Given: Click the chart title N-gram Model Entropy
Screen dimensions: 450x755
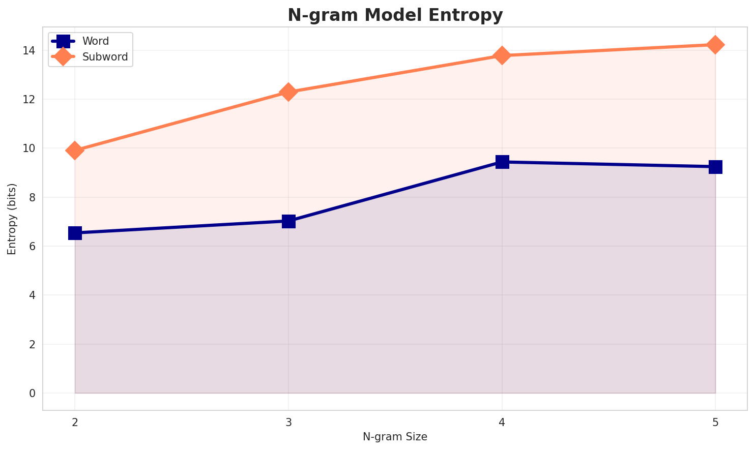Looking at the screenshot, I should click(395, 15).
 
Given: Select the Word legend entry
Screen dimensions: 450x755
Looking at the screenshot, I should click(95, 41).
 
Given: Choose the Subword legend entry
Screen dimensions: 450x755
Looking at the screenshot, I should click(105, 57).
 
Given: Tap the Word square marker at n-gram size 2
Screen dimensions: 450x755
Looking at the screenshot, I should click(75, 233).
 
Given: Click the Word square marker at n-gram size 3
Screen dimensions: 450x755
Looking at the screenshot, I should click(288, 221).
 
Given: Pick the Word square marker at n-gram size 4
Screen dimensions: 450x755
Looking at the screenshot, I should click(502, 162).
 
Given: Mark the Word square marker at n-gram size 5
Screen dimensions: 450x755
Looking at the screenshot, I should click(715, 167).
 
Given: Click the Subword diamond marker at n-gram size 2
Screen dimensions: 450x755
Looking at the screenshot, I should click(75, 151).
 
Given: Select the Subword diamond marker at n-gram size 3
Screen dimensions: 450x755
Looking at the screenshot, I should click(288, 92).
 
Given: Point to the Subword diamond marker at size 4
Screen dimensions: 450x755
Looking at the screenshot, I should click(502, 55).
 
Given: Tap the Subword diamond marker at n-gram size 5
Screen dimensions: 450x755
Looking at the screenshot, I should click(715, 45).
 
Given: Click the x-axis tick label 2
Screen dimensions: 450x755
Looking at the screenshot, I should click(75, 422).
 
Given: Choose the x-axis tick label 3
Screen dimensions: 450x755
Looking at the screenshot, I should click(288, 422).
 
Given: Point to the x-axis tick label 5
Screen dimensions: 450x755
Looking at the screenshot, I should click(715, 422).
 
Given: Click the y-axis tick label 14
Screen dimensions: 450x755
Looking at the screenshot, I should click(28, 50).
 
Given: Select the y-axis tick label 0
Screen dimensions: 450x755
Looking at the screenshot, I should click(32, 393).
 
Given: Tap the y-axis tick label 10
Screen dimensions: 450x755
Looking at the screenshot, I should click(28, 148).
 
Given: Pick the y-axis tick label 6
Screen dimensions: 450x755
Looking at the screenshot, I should click(32, 246).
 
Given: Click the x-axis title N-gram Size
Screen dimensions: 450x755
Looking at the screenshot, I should click(395, 437).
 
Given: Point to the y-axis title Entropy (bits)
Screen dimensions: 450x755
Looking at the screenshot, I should click(12, 219).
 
